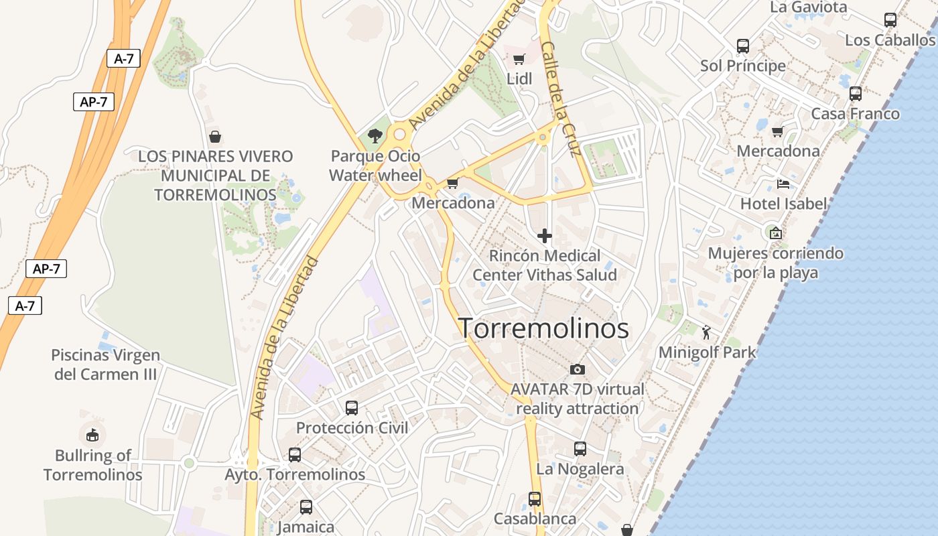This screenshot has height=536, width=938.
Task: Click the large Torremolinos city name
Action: [x=543, y=328]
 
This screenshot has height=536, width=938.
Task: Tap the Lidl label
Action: [x=519, y=79]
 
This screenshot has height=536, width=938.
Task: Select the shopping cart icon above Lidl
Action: [x=519, y=59]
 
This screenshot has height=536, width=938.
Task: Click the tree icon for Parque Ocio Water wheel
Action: [x=375, y=136]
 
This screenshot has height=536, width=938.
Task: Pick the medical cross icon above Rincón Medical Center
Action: [x=545, y=236]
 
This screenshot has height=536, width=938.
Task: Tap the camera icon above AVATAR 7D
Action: [x=577, y=369]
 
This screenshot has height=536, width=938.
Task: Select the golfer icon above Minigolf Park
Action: [x=706, y=332]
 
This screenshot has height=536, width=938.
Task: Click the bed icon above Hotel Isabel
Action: [x=783, y=184]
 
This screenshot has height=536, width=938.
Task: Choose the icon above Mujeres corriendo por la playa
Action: [x=775, y=233]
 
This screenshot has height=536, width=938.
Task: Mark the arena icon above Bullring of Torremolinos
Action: [x=92, y=435]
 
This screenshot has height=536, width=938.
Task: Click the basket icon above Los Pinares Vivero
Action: [x=215, y=137]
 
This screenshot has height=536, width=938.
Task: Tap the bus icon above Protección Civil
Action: [x=352, y=407]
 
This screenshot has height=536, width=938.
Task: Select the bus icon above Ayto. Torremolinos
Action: [x=295, y=455]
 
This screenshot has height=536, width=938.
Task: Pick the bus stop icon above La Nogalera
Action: [x=580, y=449]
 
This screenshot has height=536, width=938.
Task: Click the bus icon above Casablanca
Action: [x=535, y=499]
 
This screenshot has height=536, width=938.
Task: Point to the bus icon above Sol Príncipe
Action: [x=742, y=46]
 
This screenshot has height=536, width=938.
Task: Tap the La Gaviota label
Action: [x=809, y=7]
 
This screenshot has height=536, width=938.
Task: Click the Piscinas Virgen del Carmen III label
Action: [x=105, y=364]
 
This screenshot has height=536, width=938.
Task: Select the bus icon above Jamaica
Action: [x=306, y=507]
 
